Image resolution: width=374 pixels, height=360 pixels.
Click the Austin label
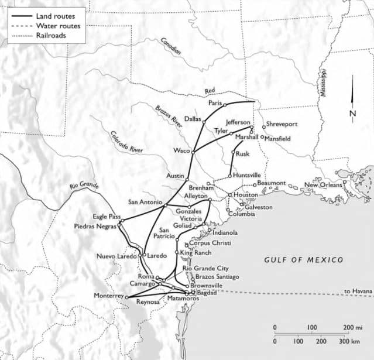pyautogui.click(x=176, y=176)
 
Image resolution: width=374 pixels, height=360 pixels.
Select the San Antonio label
pyautogui.click(x=146, y=202)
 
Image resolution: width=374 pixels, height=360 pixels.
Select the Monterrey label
pyautogui.click(x=109, y=296)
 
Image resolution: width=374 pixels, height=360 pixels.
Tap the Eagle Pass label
pyautogui.click(x=105, y=216)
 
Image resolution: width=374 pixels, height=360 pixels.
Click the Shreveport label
pyautogui.click(x=283, y=124)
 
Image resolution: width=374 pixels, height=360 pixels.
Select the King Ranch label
pyautogui.click(x=194, y=252)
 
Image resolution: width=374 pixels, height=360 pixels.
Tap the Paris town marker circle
pyautogui.click(x=225, y=105)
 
